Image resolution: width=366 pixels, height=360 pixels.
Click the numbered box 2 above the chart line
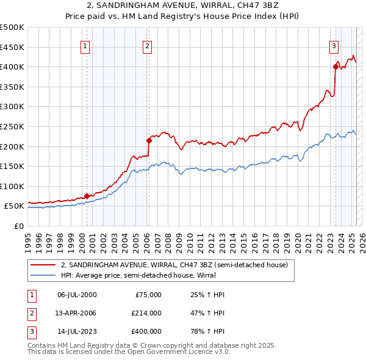pos(148,45)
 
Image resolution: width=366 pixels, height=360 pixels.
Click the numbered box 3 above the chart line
pos(334,45)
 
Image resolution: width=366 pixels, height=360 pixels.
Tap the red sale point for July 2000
pos(87,196)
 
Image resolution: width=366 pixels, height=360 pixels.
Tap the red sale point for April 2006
pos(149,140)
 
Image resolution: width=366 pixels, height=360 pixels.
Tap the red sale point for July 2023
pos(335,67)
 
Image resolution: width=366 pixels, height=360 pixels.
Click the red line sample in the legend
pos(43,265)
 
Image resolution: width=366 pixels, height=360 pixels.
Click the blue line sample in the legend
pos(43,275)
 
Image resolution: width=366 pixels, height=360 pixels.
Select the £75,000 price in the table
pos(148,295)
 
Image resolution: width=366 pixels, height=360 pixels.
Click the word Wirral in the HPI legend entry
pos(226,275)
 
